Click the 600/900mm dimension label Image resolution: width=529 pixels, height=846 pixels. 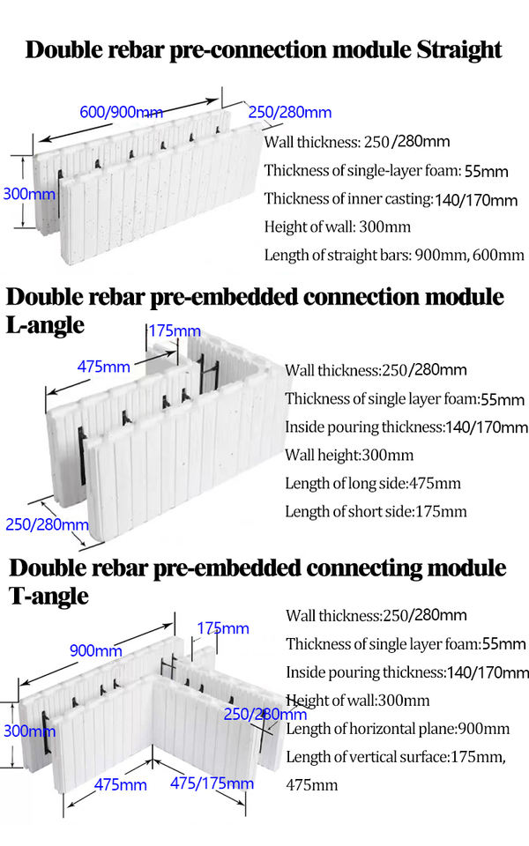coord(121,112)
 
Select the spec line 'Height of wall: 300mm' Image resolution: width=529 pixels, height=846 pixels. coord(338,226)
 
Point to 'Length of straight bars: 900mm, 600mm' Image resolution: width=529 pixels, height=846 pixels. coord(394,255)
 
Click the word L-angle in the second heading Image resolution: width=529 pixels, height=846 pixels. coord(45,324)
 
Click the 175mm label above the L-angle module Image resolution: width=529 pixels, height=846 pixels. coord(174,330)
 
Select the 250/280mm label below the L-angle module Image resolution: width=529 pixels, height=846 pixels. coord(47,525)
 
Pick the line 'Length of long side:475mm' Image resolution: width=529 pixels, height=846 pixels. coord(373,483)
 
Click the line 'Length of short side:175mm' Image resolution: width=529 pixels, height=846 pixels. coord(376,511)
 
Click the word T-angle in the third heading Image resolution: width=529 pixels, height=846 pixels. coord(49,596)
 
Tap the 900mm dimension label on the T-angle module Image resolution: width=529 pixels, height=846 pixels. coord(95,650)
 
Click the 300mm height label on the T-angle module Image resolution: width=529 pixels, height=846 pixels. coord(29,730)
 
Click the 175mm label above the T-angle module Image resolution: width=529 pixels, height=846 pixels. coord(222,628)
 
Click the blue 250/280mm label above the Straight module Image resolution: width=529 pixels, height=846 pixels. coord(290,112)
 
